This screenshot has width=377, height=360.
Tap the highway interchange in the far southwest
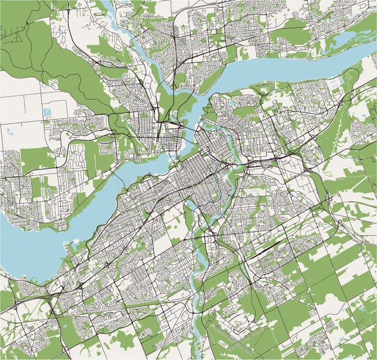[x=49, y=298]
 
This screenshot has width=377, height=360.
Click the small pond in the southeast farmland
[x=361, y=308]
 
